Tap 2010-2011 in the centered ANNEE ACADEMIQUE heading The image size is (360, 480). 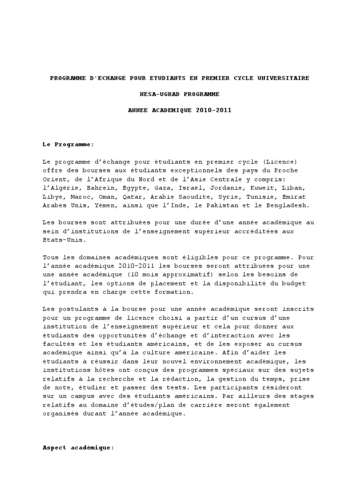pos(214,110)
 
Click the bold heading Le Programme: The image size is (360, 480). pos(68,144)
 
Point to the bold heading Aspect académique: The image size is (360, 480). pos(78,448)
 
